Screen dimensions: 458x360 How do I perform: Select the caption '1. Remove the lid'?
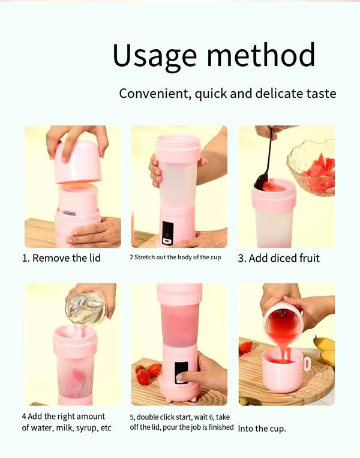point(61,258)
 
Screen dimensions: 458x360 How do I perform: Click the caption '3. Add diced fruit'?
point(279,258)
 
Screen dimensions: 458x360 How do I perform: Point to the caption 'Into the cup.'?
point(262,429)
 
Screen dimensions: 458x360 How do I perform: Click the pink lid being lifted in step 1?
point(78,162)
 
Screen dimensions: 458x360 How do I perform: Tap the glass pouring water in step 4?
point(87,308)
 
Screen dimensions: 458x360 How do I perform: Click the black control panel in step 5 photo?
point(181,372)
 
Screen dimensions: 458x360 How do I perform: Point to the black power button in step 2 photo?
point(167,231)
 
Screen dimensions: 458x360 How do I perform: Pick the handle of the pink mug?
point(307,364)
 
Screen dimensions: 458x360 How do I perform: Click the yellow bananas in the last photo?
point(325,350)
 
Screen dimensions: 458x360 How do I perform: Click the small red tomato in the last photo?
point(245,348)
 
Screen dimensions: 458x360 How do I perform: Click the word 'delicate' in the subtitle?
point(277,94)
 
